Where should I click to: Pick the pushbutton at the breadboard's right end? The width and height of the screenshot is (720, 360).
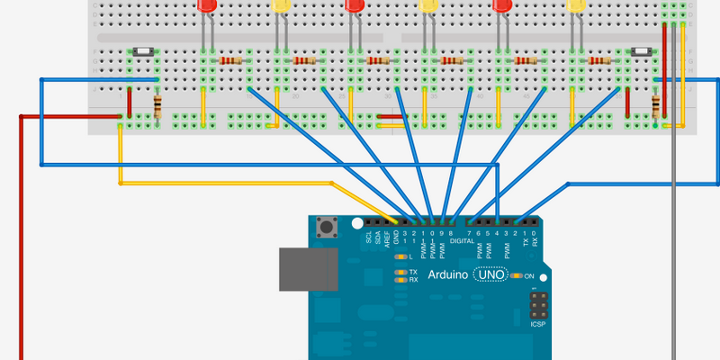coord(643,53)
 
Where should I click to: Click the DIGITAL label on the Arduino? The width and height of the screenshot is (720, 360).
coord(462,241)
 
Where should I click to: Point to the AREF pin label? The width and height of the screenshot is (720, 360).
coord(388,238)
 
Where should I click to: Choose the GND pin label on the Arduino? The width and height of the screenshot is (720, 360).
coord(397,238)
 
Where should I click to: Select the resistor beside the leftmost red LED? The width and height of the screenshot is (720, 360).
coord(230,60)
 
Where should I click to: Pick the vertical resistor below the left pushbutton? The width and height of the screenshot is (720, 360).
coord(158,107)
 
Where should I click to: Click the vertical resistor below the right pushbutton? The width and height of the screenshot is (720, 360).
coord(655,107)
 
